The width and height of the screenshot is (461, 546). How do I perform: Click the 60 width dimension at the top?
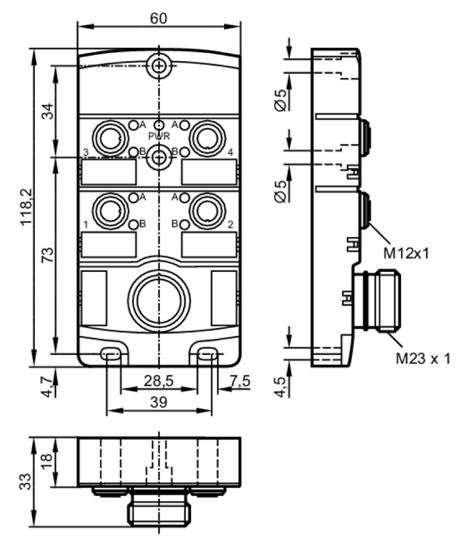click(159, 19)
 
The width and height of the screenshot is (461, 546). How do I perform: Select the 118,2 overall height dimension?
click(27, 207)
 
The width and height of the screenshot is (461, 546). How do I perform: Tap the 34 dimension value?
click(48, 111)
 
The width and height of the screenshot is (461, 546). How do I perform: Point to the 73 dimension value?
click(48, 255)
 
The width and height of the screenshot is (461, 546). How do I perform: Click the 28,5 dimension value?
click(159, 381)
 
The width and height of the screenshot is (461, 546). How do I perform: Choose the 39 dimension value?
click(159, 402)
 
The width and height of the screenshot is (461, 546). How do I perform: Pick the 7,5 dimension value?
click(240, 381)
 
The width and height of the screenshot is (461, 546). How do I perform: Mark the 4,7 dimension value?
click(48, 386)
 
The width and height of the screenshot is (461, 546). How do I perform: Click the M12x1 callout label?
click(406, 253)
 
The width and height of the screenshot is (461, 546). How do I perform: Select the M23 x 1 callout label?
click(423, 359)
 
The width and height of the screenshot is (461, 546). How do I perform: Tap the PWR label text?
click(159, 136)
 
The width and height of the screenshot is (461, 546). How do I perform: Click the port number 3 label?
click(86, 152)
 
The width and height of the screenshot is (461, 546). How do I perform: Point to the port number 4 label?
click(230, 152)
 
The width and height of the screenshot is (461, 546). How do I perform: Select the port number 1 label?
click(86, 225)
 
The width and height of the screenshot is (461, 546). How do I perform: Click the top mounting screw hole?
click(159, 66)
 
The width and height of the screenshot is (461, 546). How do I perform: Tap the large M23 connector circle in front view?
click(159, 301)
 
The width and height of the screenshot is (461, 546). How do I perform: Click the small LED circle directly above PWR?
click(159, 125)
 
